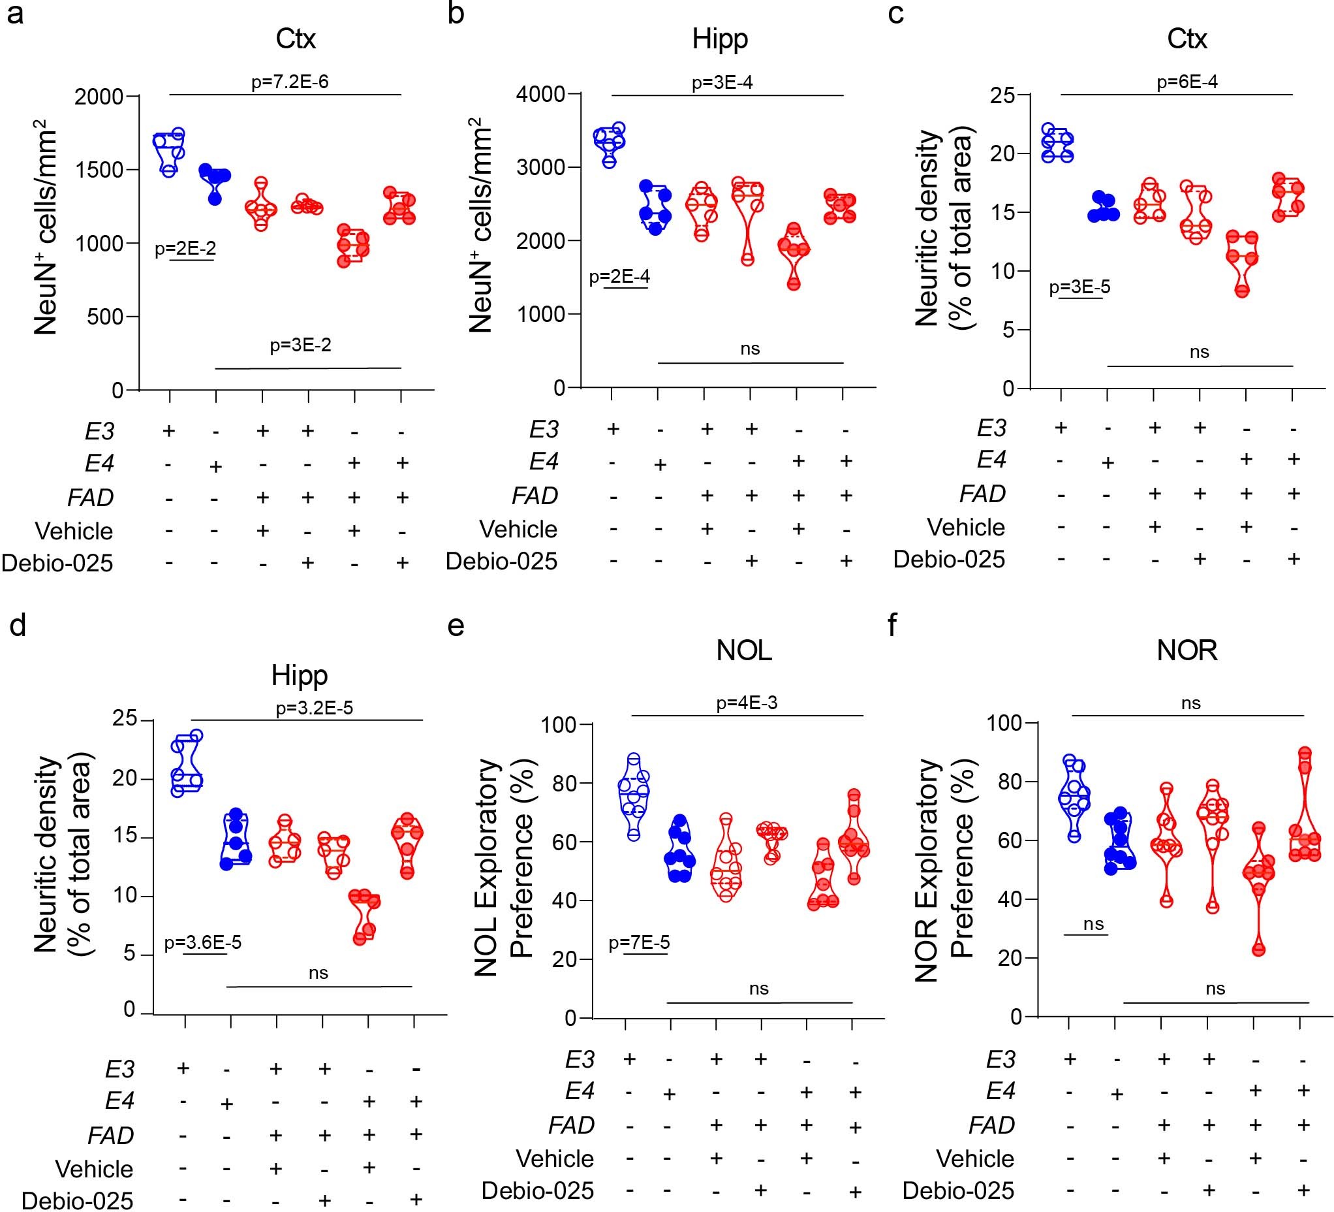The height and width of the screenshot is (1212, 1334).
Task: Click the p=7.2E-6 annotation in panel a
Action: pyautogui.click(x=290, y=82)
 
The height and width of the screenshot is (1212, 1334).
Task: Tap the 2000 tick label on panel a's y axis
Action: pyautogui.click(x=99, y=97)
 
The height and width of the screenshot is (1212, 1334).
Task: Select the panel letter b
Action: pyautogui.click(x=456, y=13)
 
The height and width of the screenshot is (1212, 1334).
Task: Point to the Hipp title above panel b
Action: pyautogui.click(x=720, y=39)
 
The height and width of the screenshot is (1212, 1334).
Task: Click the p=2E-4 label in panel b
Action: pyautogui.click(x=619, y=277)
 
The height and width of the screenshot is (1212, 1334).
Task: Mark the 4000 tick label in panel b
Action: pyautogui.click(x=540, y=95)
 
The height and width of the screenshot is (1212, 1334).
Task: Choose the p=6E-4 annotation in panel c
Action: pyautogui.click(x=1187, y=82)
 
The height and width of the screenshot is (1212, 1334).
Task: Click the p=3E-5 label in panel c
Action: pyautogui.click(x=1080, y=287)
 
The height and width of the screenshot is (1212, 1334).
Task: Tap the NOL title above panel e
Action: pyautogui.click(x=744, y=650)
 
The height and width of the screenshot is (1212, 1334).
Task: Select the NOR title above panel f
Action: pyautogui.click(x=1187, y=650)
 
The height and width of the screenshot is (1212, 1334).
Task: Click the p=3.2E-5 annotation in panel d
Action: pyautogui.click(x=315, y=708)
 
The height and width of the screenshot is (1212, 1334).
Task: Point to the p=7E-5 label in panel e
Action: pyautogui.click(x=639, y=942)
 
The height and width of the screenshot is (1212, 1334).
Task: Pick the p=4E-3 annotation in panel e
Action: pyautogui.click(x=747, y=703)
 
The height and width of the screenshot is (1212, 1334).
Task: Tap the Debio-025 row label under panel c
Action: pyautogui.click(x=949, y=560)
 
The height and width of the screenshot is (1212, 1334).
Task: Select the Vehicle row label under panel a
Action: pyautogui.click(x=74, y=531)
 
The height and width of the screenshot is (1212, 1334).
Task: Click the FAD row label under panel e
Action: pyautogui.click(x=572, y=1124)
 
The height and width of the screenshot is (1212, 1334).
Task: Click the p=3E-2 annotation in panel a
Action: pyautogui.click(x=300, y=345)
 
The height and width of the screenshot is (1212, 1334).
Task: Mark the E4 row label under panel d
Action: pyautogui.click(x=120, y=1101)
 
